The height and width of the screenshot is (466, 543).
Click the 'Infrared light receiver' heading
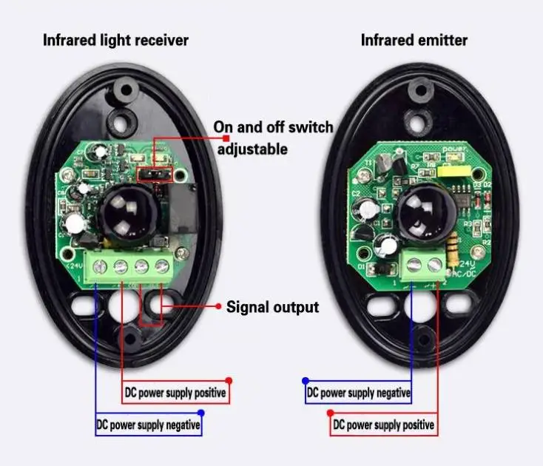115,40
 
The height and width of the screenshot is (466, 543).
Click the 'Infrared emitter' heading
414,40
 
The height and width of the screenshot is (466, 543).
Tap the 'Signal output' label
272,306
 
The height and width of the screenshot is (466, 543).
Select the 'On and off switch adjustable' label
273,138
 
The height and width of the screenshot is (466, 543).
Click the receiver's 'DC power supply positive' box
174,392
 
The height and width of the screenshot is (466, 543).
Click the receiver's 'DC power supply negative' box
148,425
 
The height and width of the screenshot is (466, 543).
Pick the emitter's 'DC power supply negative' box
359,393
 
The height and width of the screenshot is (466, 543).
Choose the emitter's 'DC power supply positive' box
383,425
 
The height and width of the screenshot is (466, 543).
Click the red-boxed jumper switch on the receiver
155,174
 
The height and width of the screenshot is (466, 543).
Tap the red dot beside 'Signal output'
218,305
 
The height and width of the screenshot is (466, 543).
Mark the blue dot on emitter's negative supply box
305,382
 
